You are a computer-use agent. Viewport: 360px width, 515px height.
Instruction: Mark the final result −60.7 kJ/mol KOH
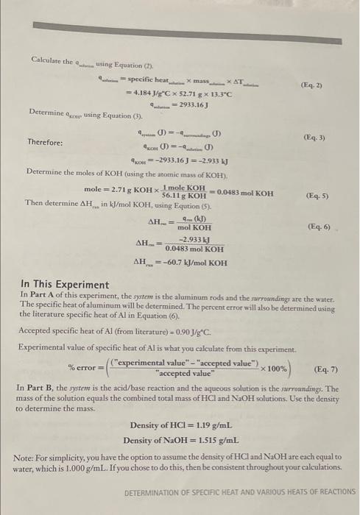[x=188, y=263]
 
